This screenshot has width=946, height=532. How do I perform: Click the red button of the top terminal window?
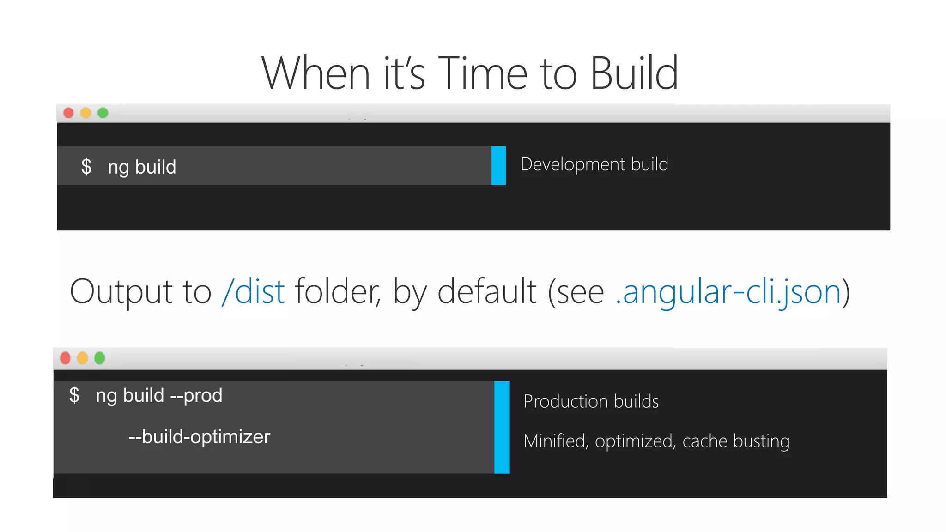pos(68,113)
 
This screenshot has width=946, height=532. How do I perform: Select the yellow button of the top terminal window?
pos(86,113)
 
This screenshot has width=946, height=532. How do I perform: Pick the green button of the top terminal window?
pos(103,113)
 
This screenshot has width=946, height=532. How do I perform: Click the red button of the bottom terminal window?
pos(65,358)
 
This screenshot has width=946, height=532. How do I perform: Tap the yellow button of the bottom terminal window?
pos(83,358)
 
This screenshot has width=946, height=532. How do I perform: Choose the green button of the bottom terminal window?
pos(100,358)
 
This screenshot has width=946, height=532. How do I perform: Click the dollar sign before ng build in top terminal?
pos(86,167)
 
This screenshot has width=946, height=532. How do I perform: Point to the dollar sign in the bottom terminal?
pos(74,395)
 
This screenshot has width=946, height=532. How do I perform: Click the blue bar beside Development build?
pos(499,166)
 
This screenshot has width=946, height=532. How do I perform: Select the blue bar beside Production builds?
pos(502,427)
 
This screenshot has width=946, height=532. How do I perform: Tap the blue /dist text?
pos(253,292)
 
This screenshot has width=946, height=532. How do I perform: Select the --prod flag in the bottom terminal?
pos(196,396)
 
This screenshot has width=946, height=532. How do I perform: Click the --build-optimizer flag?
pos(200,437)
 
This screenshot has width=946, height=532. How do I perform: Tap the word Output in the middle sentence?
pos(121,292)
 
